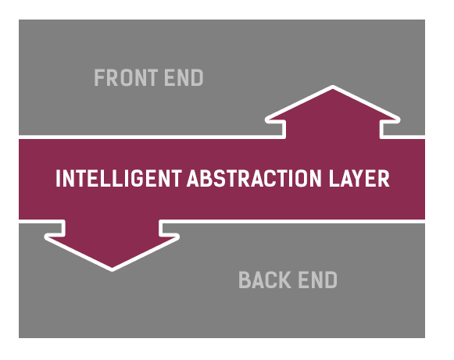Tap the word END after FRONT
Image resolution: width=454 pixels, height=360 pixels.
[184, 77]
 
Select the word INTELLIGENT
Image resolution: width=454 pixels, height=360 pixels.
[119, 178]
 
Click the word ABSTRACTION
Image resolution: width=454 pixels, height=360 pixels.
[254, 178]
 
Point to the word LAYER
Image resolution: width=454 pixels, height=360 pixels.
[359, 178]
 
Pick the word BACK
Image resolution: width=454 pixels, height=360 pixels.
[265, 280]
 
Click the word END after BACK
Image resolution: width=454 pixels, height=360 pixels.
[317, 280]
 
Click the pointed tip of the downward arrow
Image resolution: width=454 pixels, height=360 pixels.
[112, 269]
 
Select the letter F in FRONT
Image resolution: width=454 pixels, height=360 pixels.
[99, 77]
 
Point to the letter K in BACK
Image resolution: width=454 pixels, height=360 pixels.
[285, 280]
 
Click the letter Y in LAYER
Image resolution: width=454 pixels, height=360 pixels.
[359, 178]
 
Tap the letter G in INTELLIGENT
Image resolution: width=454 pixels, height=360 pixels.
[138, 178]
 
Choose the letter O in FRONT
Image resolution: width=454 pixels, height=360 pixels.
[127, 77]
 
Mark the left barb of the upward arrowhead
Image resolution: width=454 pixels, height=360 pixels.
[267, 119]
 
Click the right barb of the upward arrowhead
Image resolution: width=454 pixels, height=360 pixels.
[399, 119]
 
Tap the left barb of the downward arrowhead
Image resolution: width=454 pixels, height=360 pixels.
[46, 237]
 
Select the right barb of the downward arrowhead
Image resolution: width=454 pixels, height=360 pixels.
[177, 237]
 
